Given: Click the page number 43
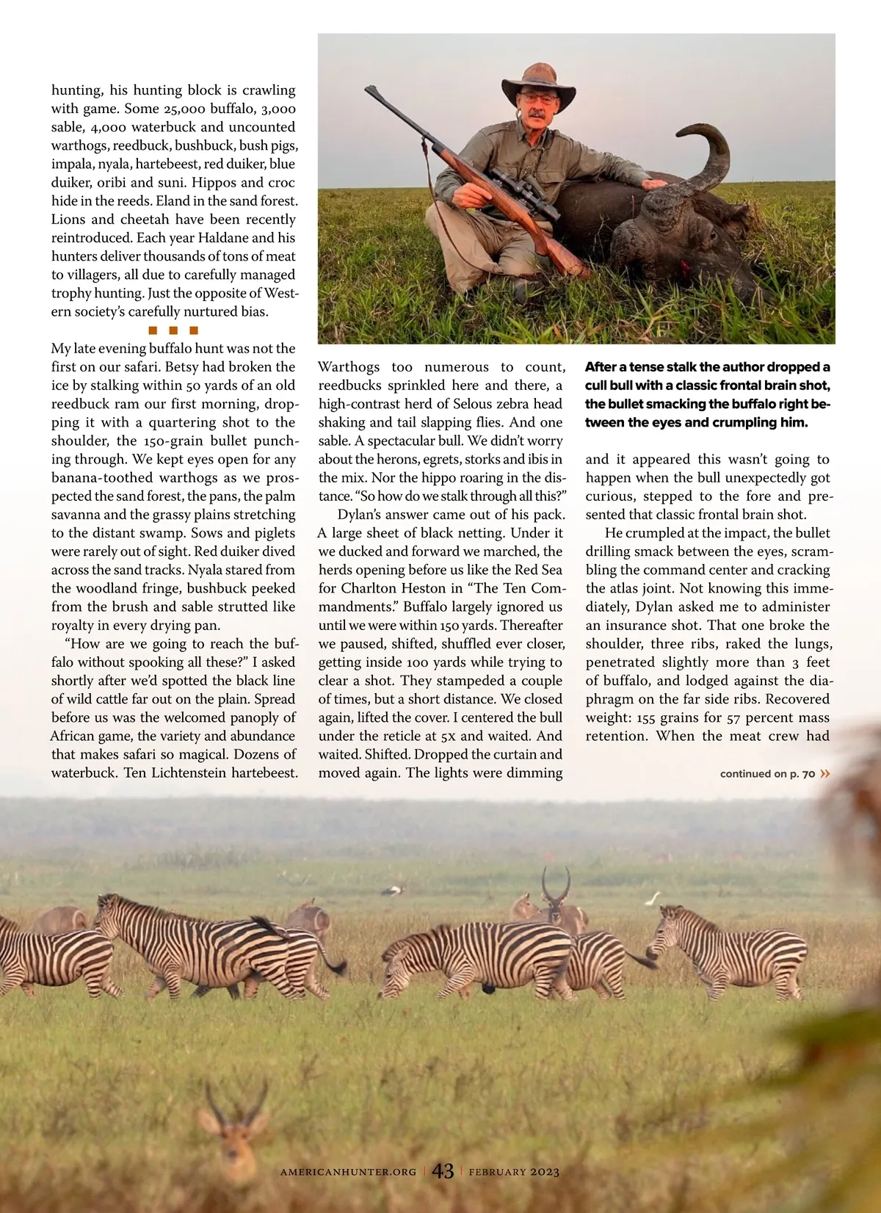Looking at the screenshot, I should pos(443,1170).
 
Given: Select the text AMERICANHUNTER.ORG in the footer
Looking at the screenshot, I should pos(348,1172).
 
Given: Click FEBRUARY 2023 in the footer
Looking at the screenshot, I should pos(514,1172).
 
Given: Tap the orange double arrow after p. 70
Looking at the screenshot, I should pos(825,773).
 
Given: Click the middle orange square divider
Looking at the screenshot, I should pos(173,330).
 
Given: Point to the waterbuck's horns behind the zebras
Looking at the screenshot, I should pos(556,885).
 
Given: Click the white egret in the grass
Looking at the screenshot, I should pos(652,897).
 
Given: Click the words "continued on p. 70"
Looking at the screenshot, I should pos(767,773).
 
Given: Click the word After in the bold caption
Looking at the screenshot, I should pos(603,367).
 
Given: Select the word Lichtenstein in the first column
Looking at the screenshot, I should pos(201,772).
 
